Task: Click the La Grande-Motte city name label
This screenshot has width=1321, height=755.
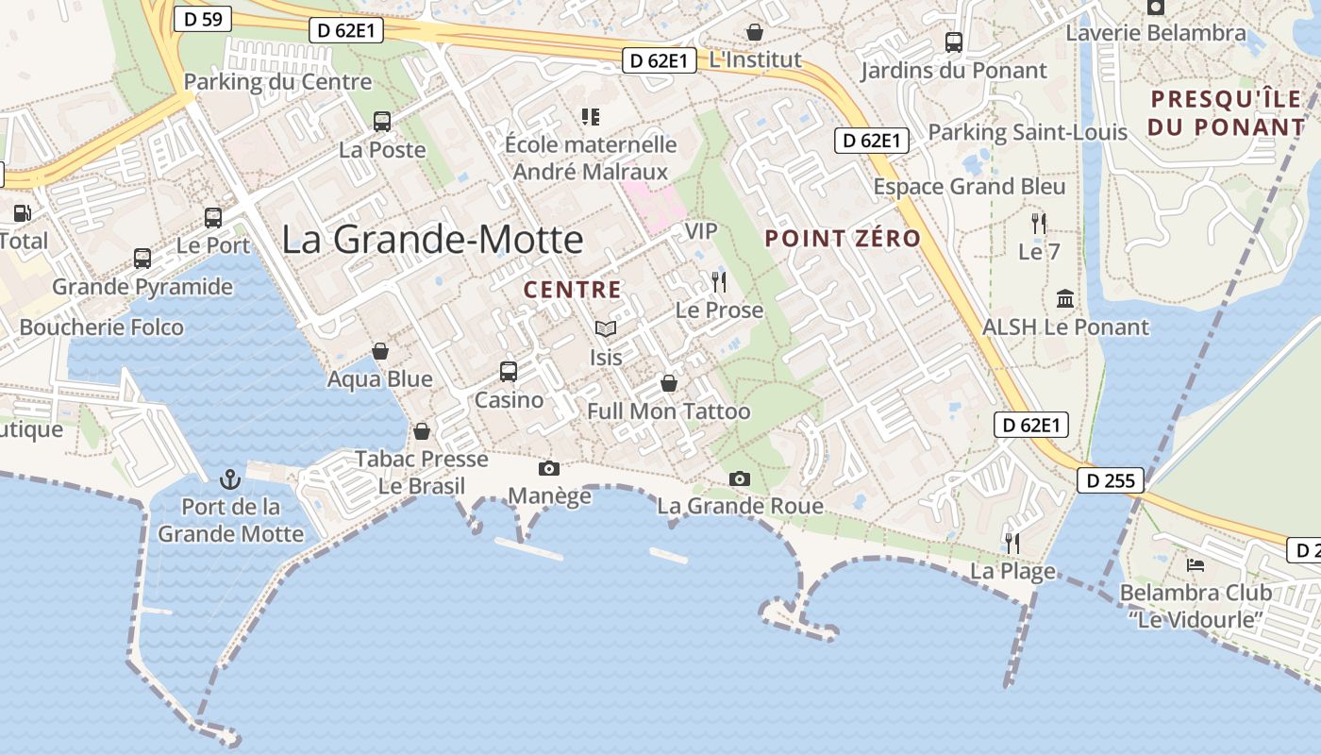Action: click(432, 240)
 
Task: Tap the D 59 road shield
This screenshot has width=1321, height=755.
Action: click(203, 18)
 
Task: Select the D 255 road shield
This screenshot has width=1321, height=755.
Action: click(1111, 481)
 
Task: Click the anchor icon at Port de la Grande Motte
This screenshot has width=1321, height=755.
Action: click(230, 479)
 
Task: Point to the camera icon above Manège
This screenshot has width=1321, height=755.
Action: click(548, 468)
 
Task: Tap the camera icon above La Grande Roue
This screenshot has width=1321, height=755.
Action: click(740, 478)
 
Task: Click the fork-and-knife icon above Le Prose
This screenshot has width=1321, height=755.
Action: click(719, 281)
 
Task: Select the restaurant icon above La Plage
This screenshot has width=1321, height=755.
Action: click(1012, 543)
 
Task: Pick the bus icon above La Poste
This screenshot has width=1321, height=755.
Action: click(382, 121)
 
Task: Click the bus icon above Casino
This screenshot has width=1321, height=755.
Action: click(509, 371)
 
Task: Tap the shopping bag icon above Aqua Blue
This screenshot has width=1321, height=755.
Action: click(380, 351)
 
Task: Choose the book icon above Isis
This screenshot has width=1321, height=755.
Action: click(606, 328)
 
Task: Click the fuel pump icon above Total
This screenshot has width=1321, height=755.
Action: click(22, 213)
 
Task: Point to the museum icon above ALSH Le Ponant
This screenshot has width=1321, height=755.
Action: click(1065, 299)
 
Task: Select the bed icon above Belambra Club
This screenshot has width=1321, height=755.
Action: click(1195, 565)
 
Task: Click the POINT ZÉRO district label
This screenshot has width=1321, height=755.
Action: click(843, 239)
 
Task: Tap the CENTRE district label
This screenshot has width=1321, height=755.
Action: click(573, 290)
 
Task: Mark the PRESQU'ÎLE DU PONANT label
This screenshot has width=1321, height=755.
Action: click(1226, 112)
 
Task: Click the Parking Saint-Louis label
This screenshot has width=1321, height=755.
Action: click(1028, 132)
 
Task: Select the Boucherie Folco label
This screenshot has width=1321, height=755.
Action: click(102, 327)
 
